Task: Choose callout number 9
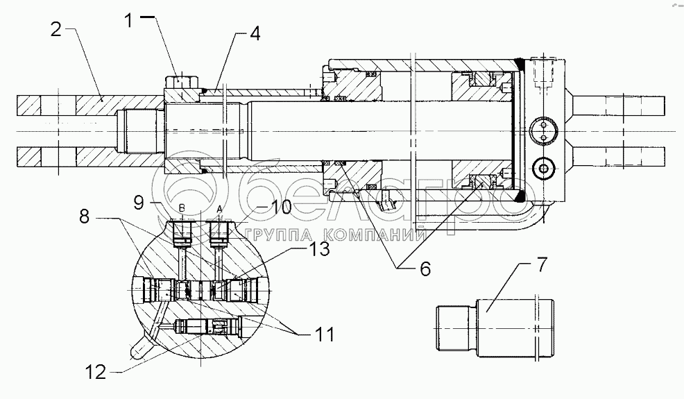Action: [138, 204]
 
